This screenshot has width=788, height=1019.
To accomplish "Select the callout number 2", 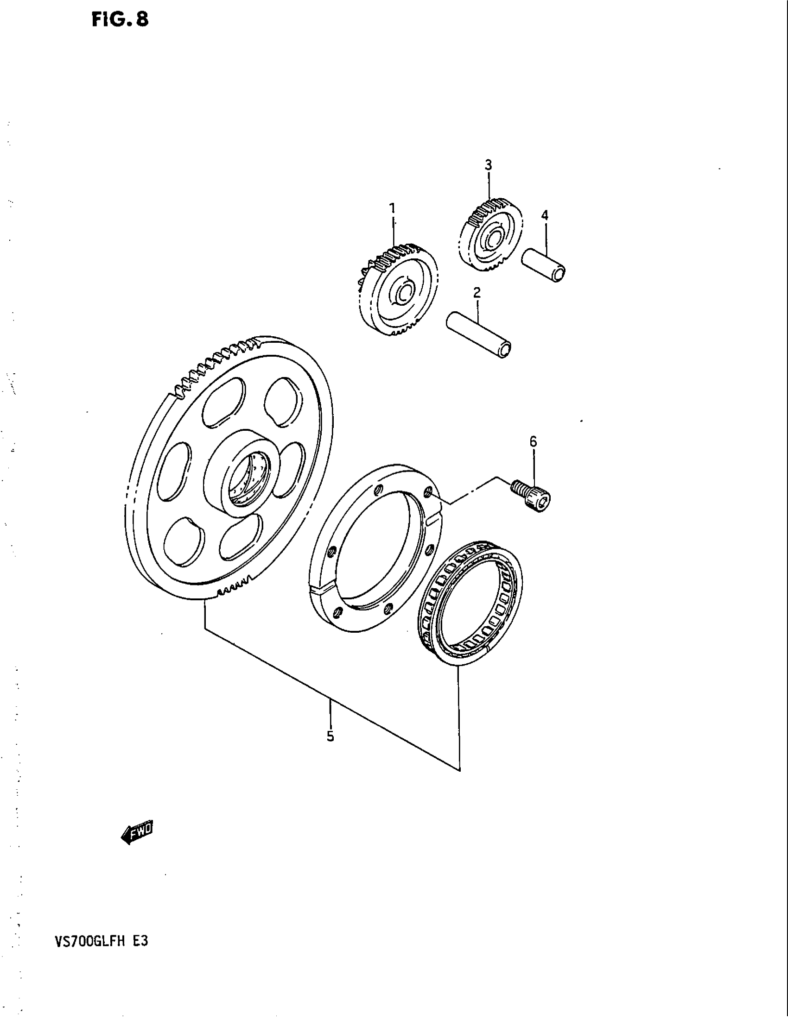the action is (x=477, y=293).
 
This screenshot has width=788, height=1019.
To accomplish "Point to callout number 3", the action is (x=488, y=165).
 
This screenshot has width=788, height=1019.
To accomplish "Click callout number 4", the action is (x=544, y=215).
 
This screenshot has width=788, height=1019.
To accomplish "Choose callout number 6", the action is (x=533, y=441).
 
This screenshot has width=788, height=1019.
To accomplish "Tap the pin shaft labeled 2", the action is (x=478, y=334).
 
